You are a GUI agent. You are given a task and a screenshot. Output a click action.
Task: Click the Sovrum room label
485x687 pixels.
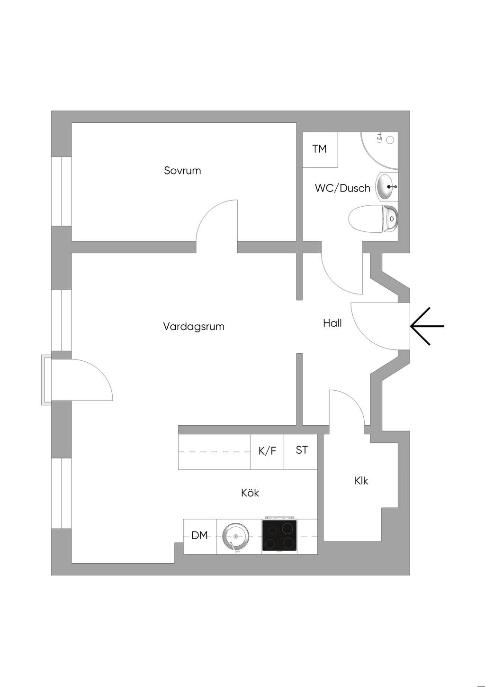pyautogui.click(x=182, y=170)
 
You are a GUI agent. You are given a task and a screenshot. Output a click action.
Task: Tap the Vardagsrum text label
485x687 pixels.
pyautogui.click(x=194, y=326)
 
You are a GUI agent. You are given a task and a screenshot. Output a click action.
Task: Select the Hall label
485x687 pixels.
pyautogui.click(x=332, y=323)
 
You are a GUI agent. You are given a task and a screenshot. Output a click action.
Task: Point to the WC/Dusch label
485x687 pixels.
pyautogui.click(x=342, y=188)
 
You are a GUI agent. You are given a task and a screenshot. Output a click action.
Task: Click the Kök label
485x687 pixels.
pyautogui.click(x=250, y=493)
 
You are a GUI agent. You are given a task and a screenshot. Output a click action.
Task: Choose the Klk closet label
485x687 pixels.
pyautogui.click(x=361, y=481)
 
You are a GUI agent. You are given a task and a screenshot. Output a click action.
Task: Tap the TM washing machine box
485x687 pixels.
pyautogui.click(x=320, y=149)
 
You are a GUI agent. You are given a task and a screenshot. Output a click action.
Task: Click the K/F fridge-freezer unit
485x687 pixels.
pyautogui.click(x=267, y=451)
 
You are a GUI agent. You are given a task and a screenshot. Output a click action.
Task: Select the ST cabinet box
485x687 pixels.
pyautogui.click(x=301, y=450)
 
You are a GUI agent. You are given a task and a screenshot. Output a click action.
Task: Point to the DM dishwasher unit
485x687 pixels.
pyautogui.click(x=200, y=536)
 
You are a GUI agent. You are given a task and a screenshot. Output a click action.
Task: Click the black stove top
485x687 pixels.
pyautogui.click(x=279, y=536)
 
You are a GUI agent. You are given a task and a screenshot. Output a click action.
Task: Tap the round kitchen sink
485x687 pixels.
pyautogui.click(x=235, y=537)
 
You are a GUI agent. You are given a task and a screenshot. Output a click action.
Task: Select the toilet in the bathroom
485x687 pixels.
pyautogui.click(x=373, y=219)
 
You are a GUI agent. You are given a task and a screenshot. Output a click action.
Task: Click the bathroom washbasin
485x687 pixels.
pyautogui.click(x=386, y=186)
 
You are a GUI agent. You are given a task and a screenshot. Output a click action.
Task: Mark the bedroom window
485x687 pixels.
pyautogui.click(x=61, y=191)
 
